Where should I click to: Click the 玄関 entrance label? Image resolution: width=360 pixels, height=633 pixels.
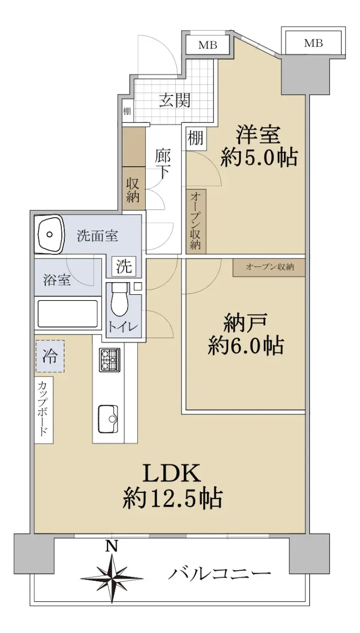click(175, 100)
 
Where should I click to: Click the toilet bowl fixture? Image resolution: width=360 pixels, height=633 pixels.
click(120, 300)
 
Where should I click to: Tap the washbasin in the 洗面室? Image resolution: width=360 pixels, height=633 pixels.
click(50, 234)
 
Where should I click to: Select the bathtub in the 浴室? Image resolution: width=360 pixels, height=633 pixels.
click(68, 314)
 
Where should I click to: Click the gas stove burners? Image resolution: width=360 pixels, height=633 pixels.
click(110, 360)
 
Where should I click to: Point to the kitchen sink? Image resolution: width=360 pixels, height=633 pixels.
click(108, 419)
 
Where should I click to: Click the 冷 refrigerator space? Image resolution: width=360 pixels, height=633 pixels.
click(50, 356)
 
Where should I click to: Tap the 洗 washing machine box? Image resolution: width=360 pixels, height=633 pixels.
click(124, 266)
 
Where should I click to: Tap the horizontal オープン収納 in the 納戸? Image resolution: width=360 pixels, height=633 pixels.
click(269, 267)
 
